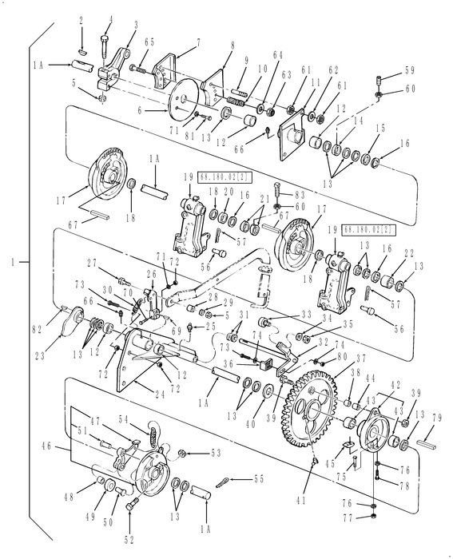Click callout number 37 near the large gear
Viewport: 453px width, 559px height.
[338, 359]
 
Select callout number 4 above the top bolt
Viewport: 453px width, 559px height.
[109, 18]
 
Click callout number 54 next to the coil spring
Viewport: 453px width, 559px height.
[123, 418]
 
